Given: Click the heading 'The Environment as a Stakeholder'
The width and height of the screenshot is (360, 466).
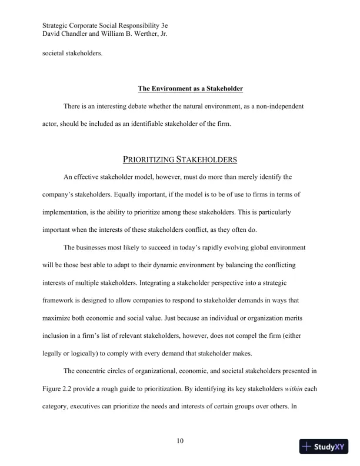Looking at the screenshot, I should (x=191, y=89).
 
